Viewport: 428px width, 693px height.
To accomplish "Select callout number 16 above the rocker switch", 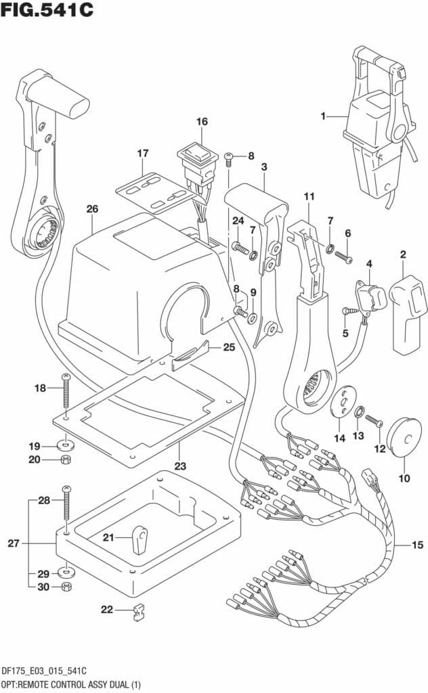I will click(202, 122).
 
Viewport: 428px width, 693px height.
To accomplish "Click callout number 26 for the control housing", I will click(93, 209).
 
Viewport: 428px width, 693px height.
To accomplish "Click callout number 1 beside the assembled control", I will click(324, 116).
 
